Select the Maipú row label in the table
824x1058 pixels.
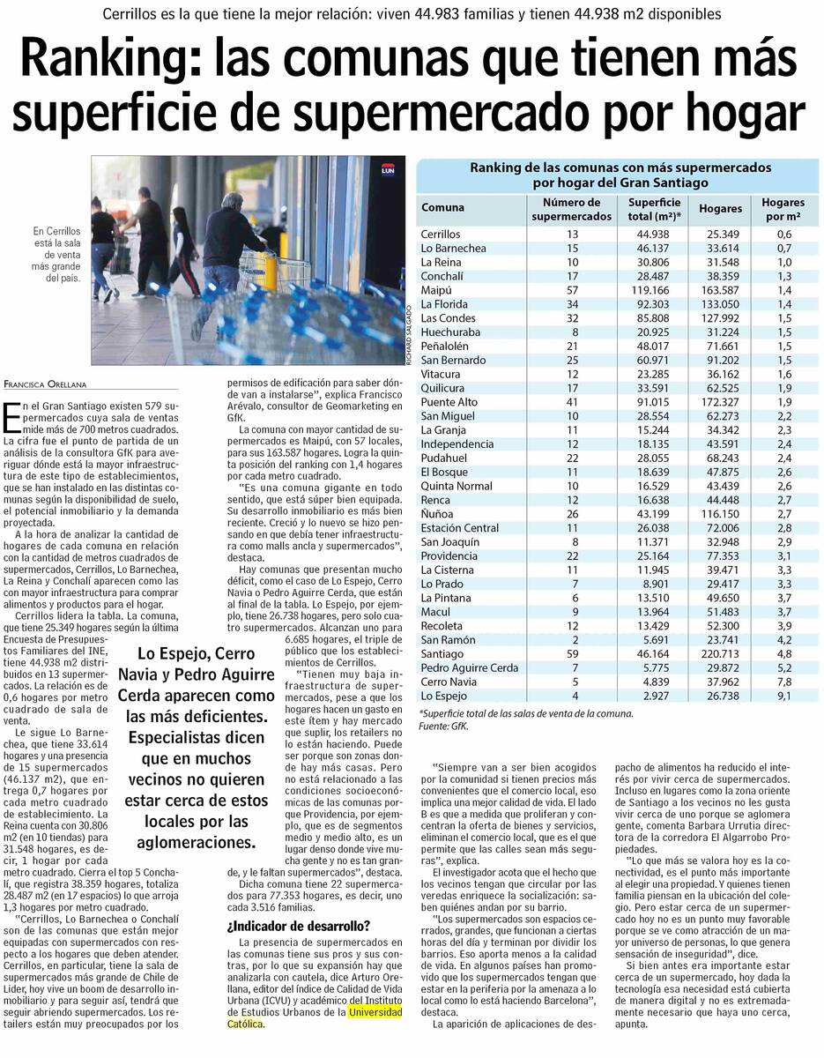point(436,290)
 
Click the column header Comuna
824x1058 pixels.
point(442,208)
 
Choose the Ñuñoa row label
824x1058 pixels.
point(437,514)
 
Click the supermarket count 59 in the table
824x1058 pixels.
point(573,654)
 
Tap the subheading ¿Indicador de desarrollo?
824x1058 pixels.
point(298,926)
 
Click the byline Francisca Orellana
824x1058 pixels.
point(54,384)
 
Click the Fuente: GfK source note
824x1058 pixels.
point(444,726)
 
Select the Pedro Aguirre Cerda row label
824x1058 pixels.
point(468,668)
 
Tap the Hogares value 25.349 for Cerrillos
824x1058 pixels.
point(722,235)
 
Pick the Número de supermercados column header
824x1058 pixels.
point(572,209)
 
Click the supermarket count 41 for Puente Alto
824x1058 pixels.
point(573,402)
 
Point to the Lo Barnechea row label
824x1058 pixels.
point(453,249)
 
